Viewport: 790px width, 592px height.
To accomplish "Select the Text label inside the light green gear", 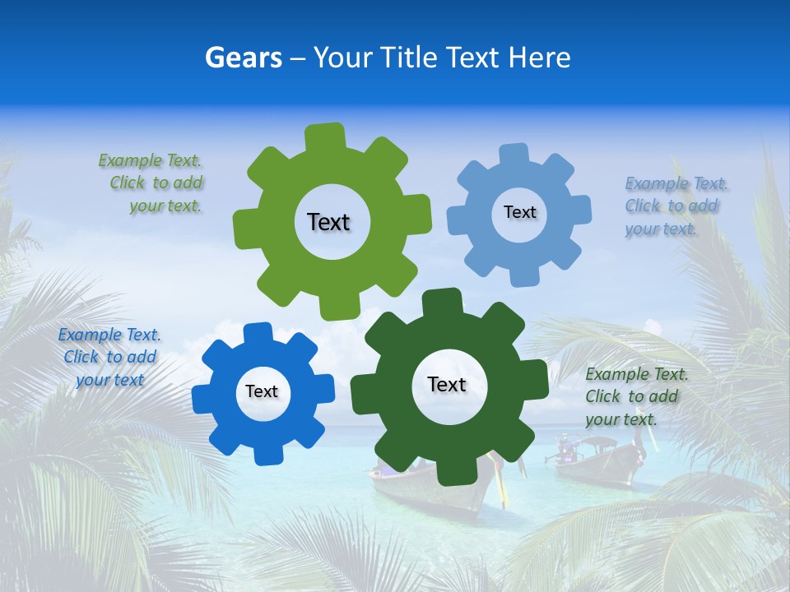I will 328,222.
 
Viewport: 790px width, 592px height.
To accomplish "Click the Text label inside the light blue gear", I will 519,212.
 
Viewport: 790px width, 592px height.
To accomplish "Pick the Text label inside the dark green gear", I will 447,384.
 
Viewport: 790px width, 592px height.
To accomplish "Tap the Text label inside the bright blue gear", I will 262,391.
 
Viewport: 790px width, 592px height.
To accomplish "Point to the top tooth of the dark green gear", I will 442,301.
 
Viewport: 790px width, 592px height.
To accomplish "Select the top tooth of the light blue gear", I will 514,155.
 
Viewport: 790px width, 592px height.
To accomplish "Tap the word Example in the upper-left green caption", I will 129,160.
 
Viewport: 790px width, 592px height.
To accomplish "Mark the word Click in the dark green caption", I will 603,396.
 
